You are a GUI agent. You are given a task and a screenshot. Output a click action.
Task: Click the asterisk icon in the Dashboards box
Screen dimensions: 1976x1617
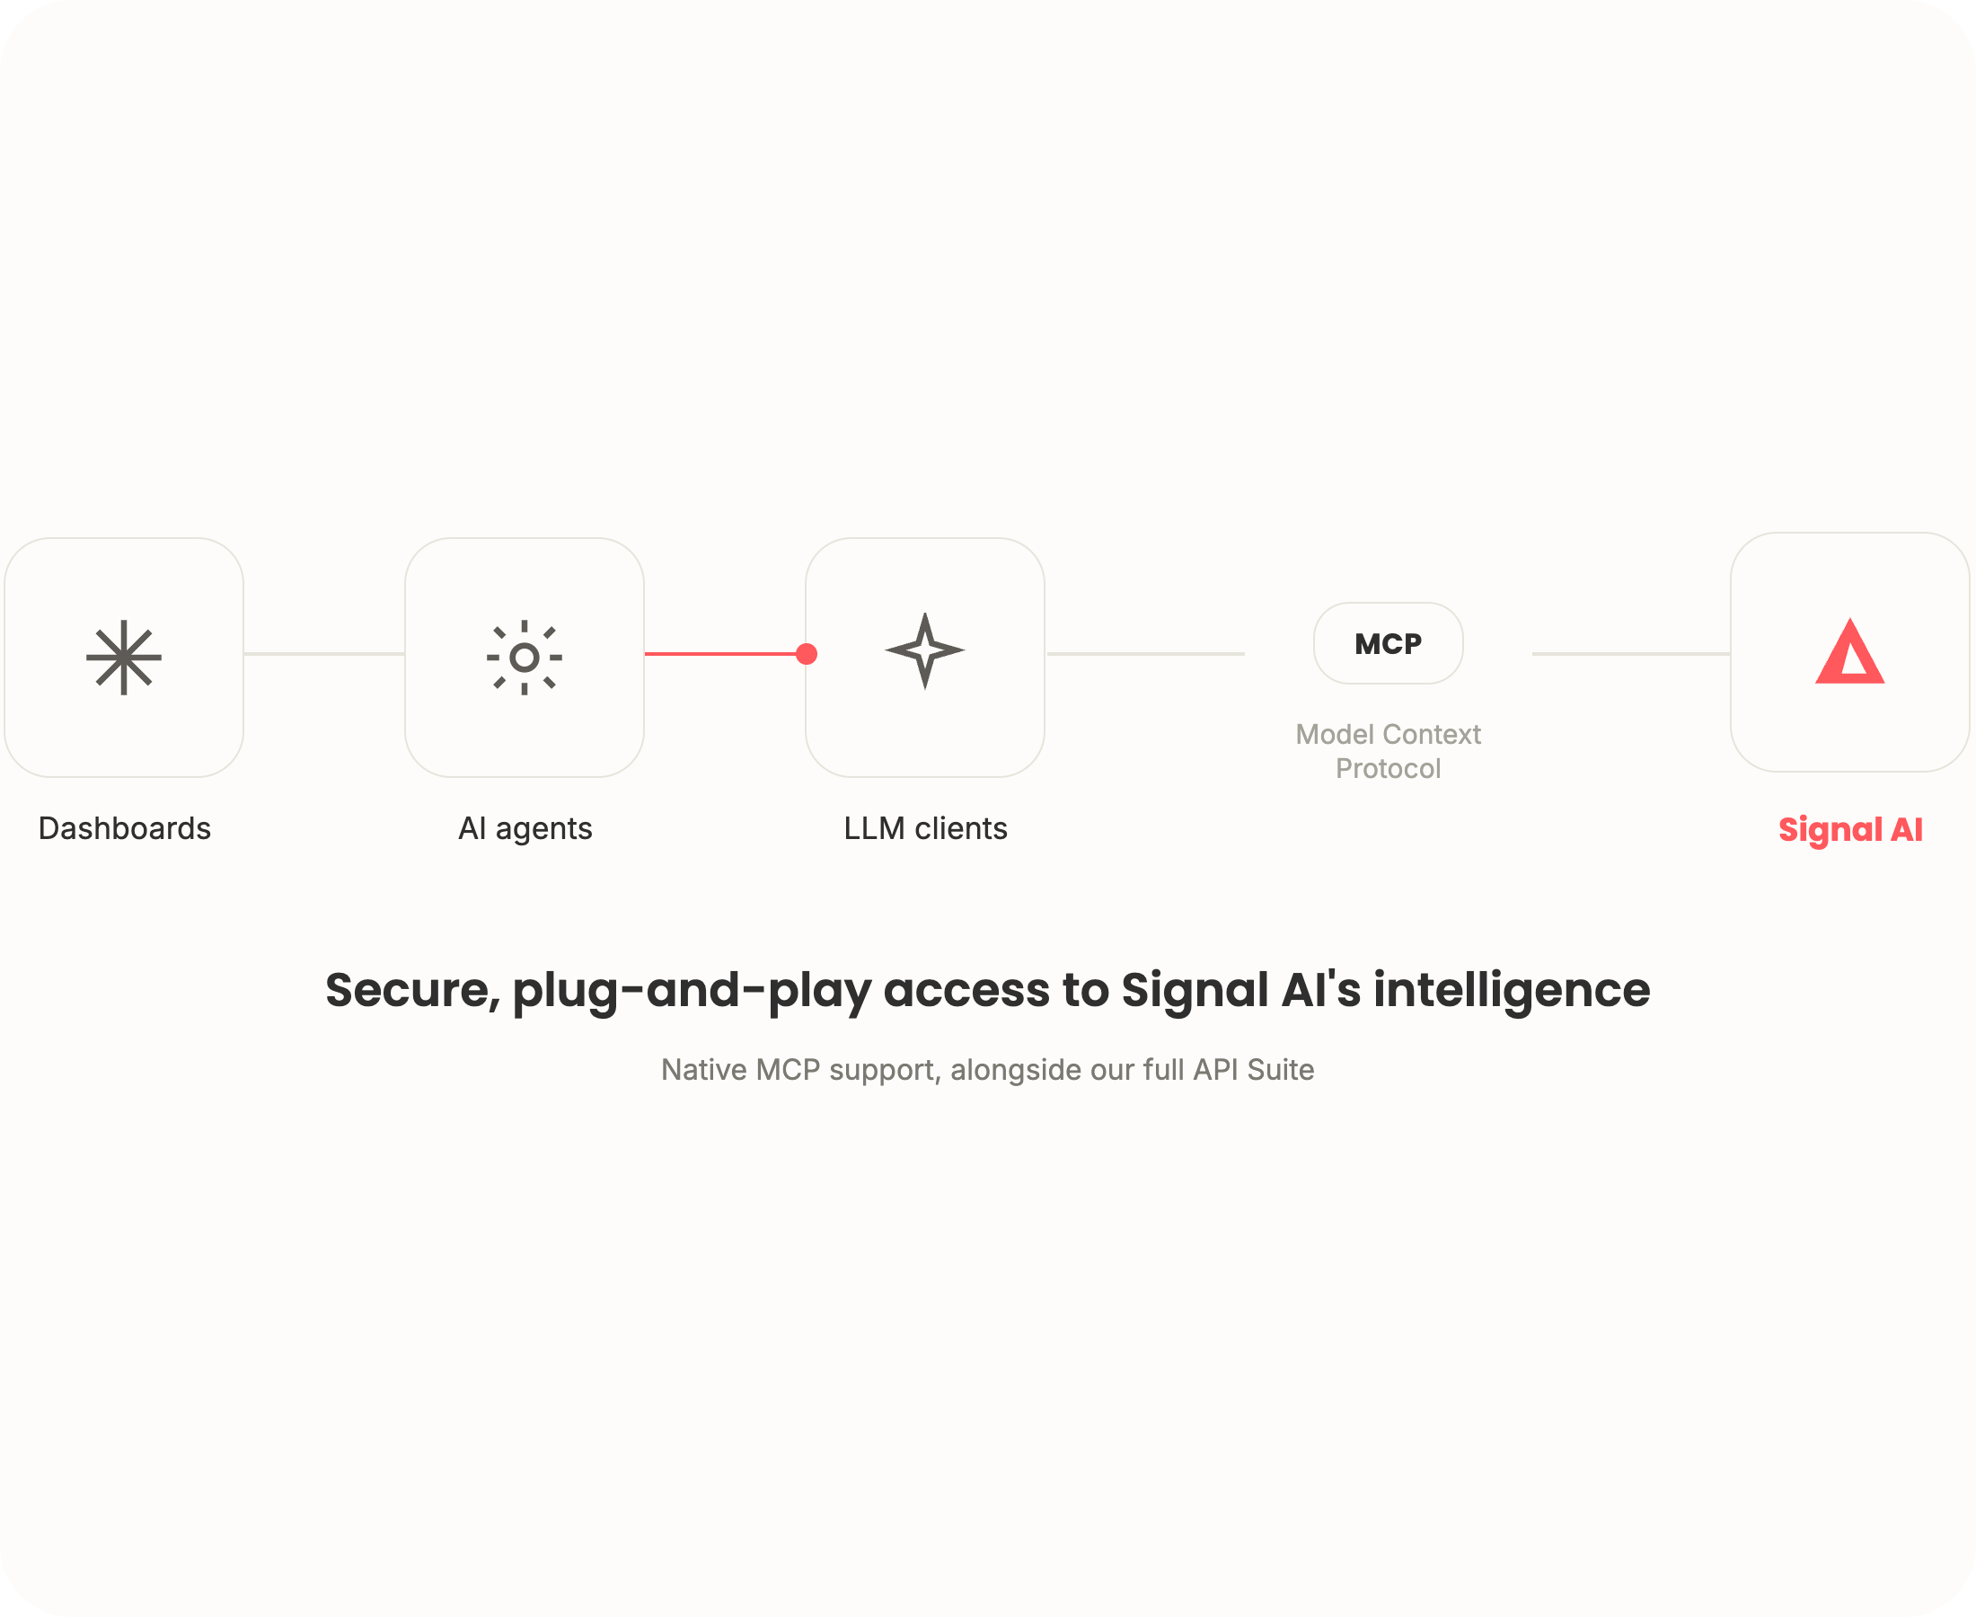click(x=124, y=657)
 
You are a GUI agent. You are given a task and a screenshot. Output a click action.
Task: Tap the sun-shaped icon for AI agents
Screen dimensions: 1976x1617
click(x=525, y=657)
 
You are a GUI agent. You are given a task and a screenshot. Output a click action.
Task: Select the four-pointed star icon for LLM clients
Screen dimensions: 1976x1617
click(x=925, y=650)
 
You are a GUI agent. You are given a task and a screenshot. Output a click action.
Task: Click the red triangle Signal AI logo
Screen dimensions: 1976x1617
click(x=1849, y=651)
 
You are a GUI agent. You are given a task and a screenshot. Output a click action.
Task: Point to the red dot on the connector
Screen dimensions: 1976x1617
click(x=807, y=654)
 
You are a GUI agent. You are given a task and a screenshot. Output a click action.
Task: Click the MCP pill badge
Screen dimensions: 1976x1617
click(x=1388, y=642)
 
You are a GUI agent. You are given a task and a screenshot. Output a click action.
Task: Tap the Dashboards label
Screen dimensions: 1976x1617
click(x=125, y=828)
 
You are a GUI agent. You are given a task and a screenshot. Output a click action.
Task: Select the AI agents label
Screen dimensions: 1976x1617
click(x=525, y=828)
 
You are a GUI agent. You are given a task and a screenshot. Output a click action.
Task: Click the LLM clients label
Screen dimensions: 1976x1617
click(x=926, y=828)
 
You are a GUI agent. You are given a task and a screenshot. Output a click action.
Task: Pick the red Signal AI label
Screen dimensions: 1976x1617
click(x=1850, y=829)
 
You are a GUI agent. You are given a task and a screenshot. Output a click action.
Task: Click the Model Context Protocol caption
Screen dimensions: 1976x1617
click(x=1388, y=751)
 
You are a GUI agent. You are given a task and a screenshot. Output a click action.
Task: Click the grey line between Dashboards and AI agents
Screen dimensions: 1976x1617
click(x=324, y=654)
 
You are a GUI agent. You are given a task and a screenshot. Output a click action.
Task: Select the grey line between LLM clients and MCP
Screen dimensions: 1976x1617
click(x=1145, y=654)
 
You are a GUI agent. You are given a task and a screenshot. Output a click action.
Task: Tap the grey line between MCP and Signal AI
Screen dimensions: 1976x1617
click(x=1630, y=654)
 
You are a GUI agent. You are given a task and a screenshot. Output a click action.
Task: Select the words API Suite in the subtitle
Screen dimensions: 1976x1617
click(x=1253, y=1069)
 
